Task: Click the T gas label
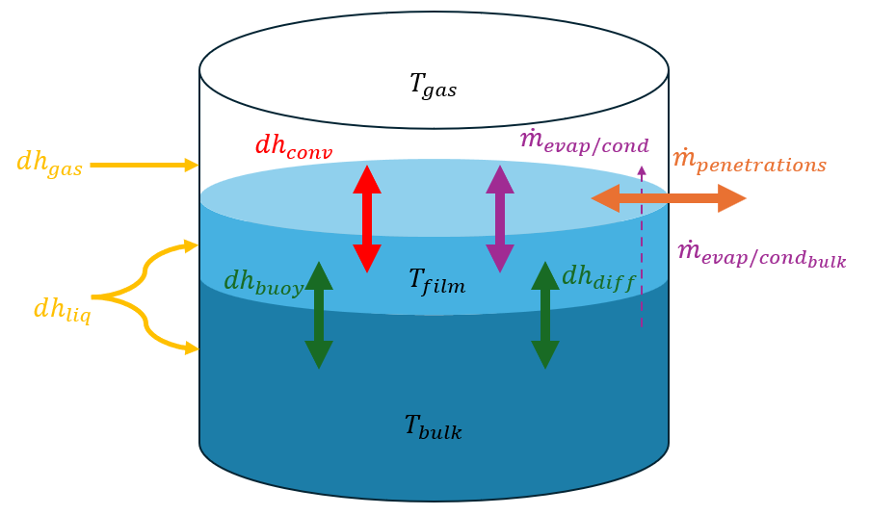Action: [x=433, y=87]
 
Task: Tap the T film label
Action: [x=436, y=282]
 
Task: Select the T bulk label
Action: [x=433, y=425]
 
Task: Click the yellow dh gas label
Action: [x=49, y=163]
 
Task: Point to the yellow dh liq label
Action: [x=63, y=310]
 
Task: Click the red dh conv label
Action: [x=293, y=145]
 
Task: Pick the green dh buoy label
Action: [x=262, y=282]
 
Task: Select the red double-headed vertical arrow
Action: [x=366, y=219]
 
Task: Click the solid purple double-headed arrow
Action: [x=499, y=219]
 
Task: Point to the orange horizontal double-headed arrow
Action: [x=668, y=198]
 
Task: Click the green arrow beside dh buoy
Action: [x=318, y=315]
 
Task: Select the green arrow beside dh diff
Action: [x=545, y=315]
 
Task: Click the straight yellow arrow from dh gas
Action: [x=144, y=166]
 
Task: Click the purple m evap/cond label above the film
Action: [x=583, y=143]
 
